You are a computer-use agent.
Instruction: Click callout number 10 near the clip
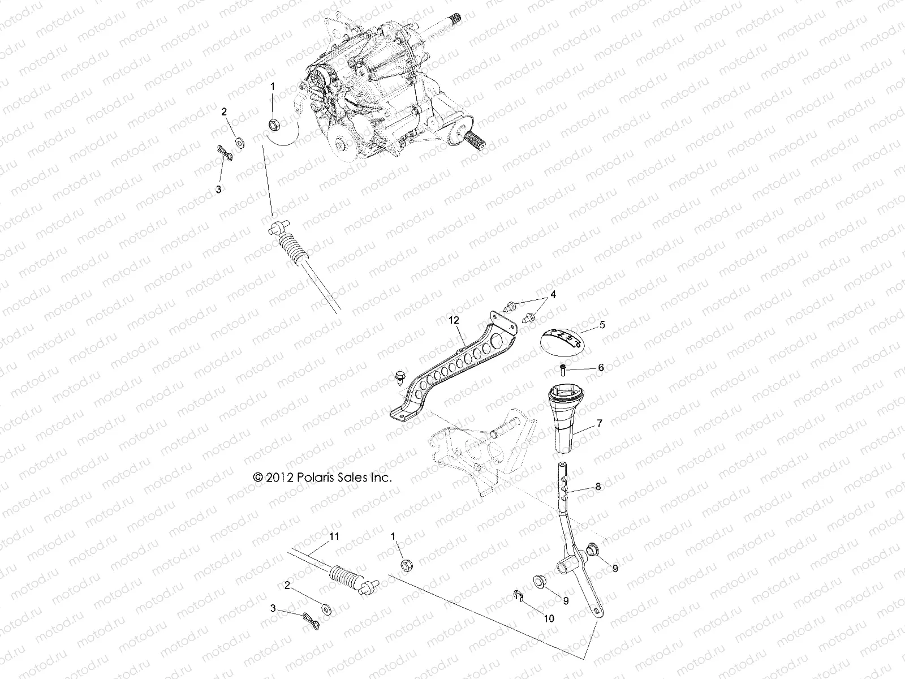548,618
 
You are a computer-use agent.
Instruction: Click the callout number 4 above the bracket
553,294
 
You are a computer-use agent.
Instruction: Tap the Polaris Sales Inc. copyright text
322,478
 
